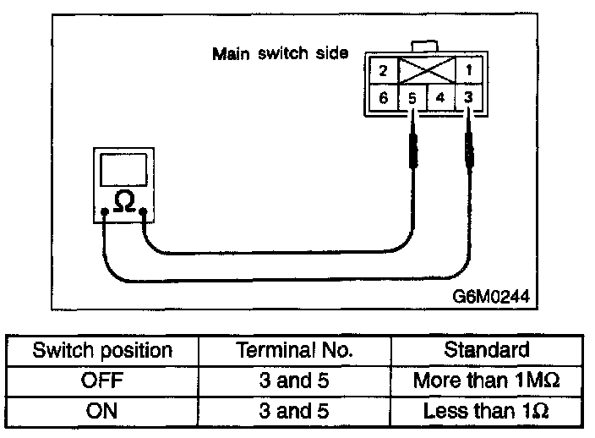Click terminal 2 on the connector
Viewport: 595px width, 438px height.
tap(383, 70)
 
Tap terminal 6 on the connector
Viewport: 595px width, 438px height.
tap(383, 97)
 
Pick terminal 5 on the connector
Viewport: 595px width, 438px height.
tap(412, 97)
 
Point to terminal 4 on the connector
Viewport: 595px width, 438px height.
tap(440, 97)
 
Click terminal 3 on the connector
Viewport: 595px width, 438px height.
tap(468, 97)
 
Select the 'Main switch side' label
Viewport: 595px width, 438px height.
tap(280, 54)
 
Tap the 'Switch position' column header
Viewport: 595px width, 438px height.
tap(102, 350)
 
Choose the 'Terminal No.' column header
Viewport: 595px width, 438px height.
tap(295, 350)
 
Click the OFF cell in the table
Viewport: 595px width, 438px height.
tap(102, 381)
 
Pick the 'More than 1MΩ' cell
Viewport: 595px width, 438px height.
tap(487, 381)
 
